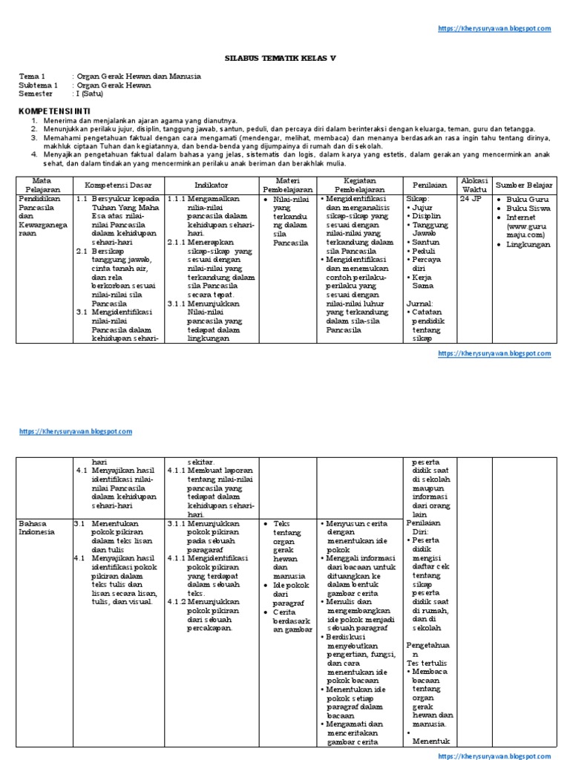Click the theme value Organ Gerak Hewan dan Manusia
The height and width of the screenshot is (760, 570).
point(139,76)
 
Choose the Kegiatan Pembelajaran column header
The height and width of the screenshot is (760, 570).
point(359,183)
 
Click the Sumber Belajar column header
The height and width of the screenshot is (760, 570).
point(523,183)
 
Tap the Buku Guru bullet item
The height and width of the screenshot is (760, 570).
point(527,200)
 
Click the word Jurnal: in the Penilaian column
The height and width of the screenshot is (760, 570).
point(419,304)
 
